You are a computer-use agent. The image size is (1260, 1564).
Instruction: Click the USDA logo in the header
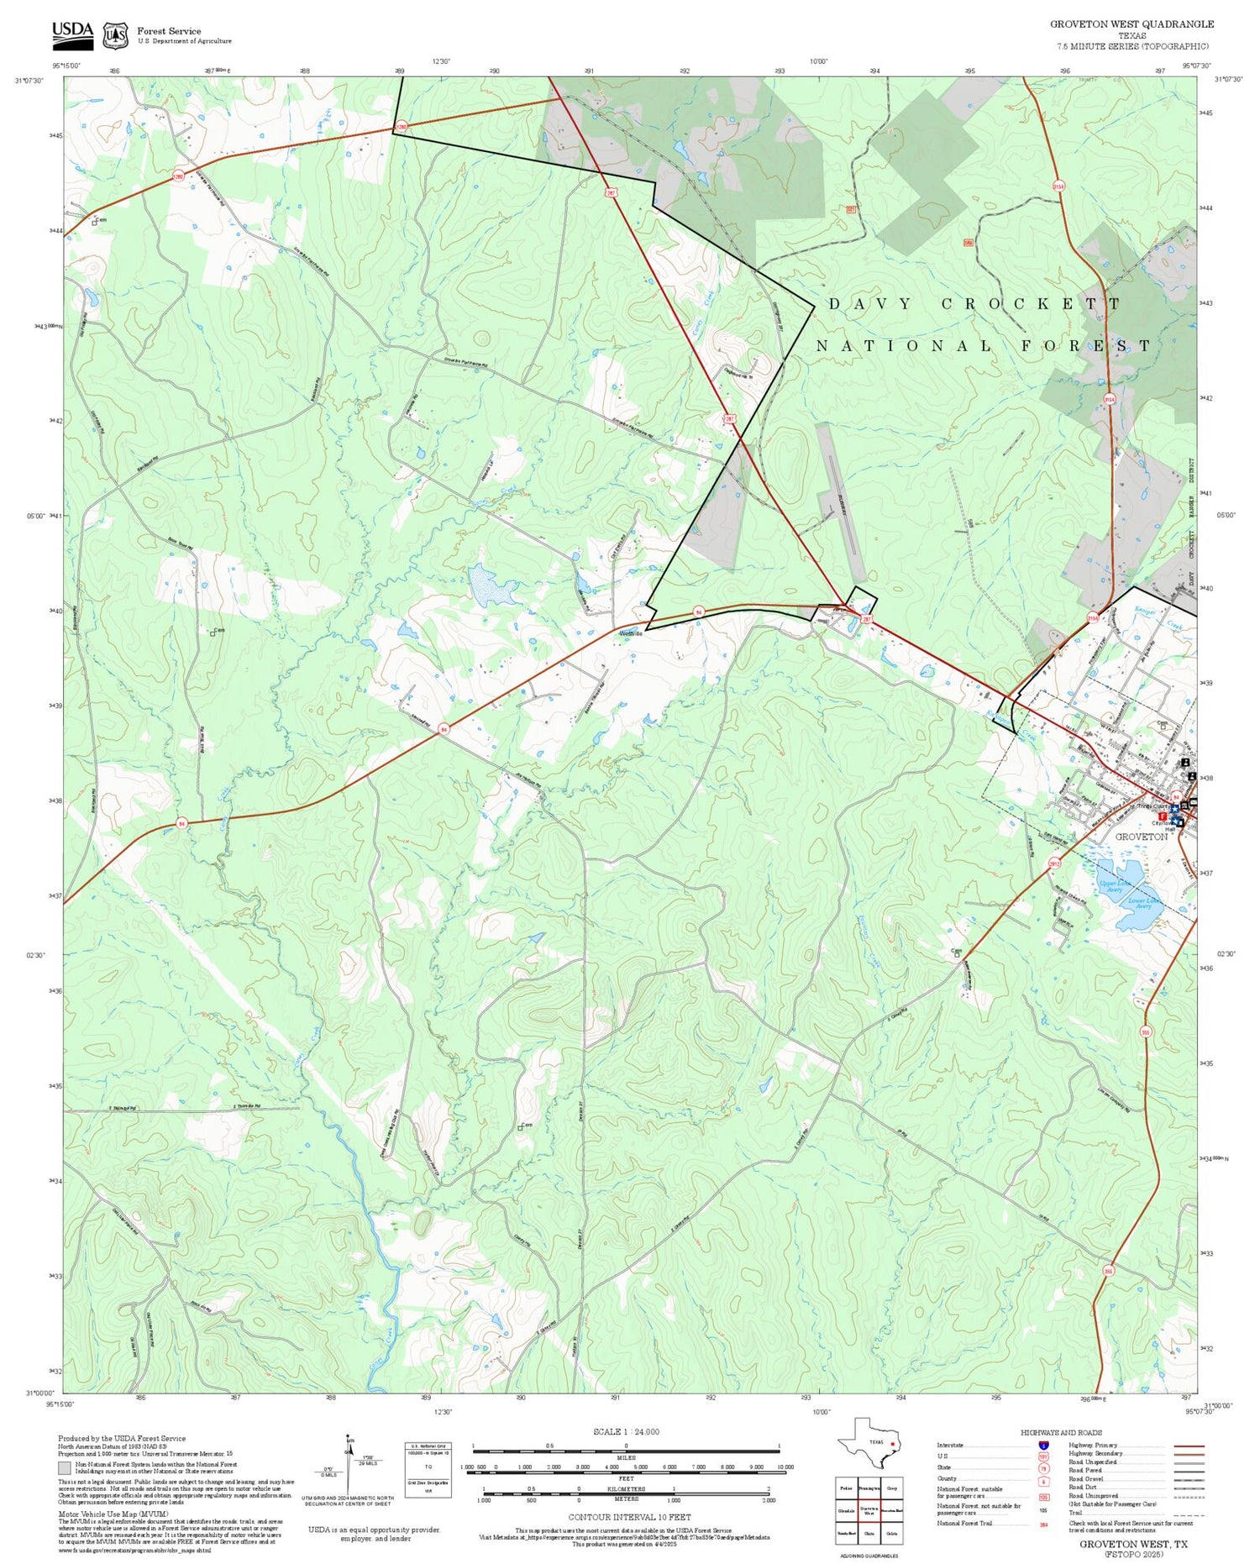72,34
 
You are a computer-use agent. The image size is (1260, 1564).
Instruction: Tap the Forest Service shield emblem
115,35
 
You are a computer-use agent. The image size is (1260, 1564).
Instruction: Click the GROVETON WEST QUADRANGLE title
1131,24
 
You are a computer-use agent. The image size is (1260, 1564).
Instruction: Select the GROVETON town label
1141,837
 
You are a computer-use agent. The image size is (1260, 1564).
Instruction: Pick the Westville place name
631,633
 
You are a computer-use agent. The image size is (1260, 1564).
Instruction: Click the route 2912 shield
1054,863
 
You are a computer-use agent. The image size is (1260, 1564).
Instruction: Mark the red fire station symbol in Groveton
1163,816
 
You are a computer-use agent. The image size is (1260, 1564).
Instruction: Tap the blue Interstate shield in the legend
1043,1445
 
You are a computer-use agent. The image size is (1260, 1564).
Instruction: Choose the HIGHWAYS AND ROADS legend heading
1061,1432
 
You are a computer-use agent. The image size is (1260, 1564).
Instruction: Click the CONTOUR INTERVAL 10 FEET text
629,1517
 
